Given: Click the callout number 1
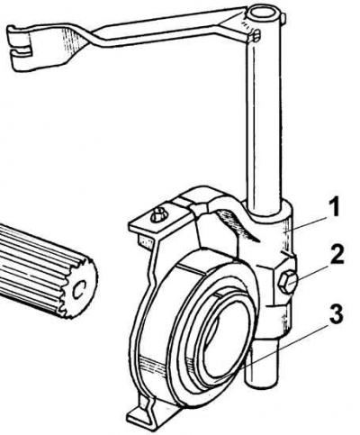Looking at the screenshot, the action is pos(334,207).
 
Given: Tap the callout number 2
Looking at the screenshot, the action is pos(337,254).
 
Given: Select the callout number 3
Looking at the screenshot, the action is pos(336,314).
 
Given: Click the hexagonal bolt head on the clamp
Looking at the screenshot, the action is pos(287,282).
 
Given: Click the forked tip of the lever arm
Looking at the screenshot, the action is pos(21,48).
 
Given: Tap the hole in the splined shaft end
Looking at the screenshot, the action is pos(79,290).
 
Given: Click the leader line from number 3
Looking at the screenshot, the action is pos(284,345).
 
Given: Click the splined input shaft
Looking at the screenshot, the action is pos(45,270).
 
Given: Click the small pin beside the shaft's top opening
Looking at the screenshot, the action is pos(283,17).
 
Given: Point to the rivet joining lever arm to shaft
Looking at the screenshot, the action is pos(256,35).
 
